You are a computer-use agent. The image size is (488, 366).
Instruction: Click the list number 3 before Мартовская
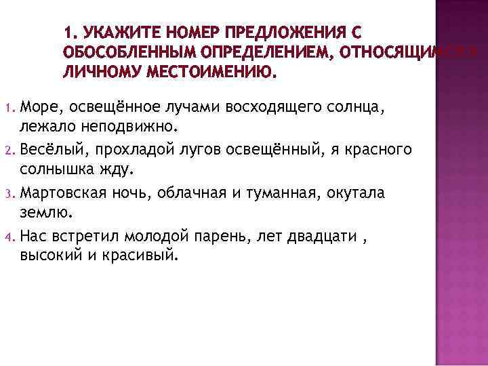coord(9,194)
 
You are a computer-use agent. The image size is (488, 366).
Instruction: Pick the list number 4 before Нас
coord(9,237)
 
